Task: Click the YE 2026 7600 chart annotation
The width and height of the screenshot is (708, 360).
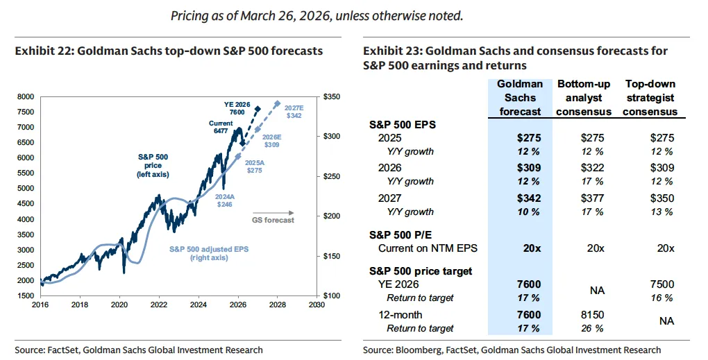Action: coord(237,108)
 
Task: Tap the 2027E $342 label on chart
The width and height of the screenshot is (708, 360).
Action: coord(294,111)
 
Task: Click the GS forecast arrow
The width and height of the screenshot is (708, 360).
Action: coord(273,213)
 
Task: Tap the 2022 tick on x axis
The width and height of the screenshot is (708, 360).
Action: coord(160,304)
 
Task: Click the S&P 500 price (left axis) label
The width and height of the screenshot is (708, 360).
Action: coord(149,165)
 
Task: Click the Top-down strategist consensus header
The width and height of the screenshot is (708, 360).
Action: coord(650,98)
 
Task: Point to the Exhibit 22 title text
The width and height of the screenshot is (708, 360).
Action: coord(169,51)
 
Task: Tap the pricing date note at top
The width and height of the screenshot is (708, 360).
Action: coord(317,15)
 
